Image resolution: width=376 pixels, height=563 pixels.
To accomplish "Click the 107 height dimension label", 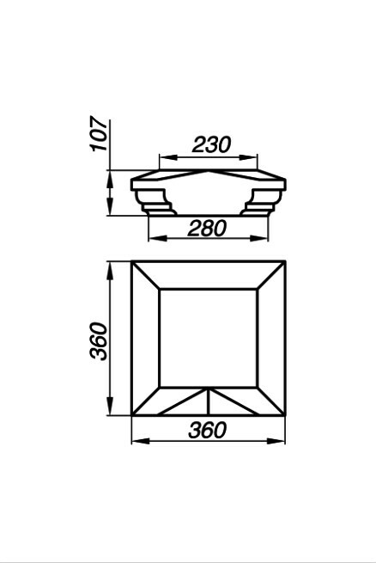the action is click(x=99, y=133).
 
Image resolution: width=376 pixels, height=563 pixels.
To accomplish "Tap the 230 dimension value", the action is click(x=211, y=144).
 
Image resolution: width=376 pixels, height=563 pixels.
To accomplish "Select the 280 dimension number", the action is click(x=208, y=229).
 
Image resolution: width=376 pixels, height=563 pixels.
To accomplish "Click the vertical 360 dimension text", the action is click(x=99, y=341).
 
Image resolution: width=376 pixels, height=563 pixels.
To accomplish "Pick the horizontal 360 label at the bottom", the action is click(x=208, y=430).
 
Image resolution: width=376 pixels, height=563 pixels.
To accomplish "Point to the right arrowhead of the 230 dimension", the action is click(x=248, y=157).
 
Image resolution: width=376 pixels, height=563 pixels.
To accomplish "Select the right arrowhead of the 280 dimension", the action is click(x=258, y=238).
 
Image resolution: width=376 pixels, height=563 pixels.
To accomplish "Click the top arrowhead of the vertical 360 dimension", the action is click(x=110, y=272).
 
